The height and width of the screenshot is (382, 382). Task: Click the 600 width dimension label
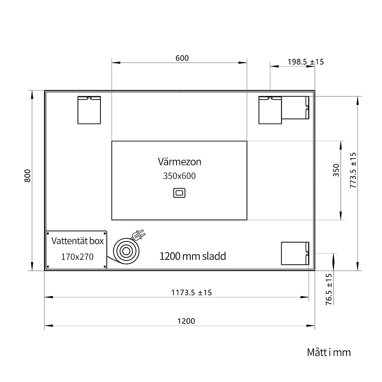(182, 58)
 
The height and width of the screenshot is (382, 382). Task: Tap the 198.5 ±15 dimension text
(306, 62)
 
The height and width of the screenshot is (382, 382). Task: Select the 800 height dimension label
(28, 176)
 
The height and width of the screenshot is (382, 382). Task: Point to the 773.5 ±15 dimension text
(353, 170)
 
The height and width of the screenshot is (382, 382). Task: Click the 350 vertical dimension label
(336, 170)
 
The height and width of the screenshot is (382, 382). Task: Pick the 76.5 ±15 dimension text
(329, 289)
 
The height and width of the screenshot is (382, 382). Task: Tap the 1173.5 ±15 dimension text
(191, 292)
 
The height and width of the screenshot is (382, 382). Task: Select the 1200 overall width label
(186, 321)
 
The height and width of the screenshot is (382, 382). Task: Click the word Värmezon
(180, 162)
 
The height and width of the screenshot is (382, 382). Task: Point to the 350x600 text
(179, 176)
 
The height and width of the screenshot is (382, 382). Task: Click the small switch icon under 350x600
(179, 193)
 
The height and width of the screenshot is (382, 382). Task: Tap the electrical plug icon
(138, 235)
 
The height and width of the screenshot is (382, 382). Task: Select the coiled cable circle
(126, 251)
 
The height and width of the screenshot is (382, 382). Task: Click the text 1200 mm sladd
(193, 256)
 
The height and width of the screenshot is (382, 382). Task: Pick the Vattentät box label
(78, 241)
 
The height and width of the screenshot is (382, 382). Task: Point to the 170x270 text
(77, 257)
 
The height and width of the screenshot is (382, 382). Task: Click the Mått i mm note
(329, 352)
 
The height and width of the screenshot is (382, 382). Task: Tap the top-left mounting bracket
(89, 110)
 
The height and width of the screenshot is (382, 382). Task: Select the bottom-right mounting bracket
(295, 253)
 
